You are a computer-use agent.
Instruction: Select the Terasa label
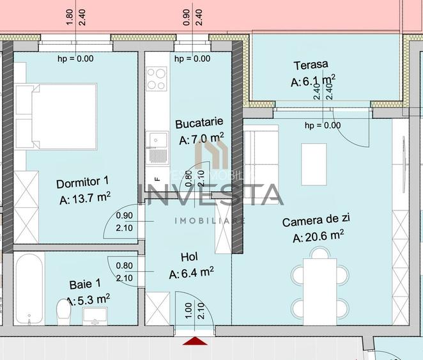311,65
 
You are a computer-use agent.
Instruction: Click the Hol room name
189,257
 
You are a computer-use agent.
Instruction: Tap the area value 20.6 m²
318,237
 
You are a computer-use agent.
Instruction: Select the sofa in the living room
261,155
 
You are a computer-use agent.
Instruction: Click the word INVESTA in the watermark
211,194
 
